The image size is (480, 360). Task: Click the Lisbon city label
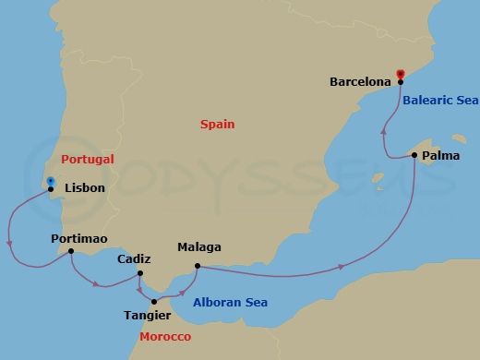[85, 188]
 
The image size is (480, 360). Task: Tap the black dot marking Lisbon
[52, 192]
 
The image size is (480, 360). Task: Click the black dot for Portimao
[71, 251]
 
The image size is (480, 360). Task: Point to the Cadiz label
[135, 259]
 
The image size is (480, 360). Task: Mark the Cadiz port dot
[139, 272]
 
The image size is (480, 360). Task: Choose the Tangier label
[147, 315]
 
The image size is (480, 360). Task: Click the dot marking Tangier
[154, 301]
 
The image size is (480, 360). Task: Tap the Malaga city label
[199, 248]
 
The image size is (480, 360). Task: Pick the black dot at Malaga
[196, 268]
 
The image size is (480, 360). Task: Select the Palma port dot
[414, 155]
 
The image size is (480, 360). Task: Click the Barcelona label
[360, 81]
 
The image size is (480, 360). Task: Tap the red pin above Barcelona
[400, 73]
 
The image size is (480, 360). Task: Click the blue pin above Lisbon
[51, 181]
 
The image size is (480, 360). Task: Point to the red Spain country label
[218, 125]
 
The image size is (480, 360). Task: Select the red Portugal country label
[86, 160]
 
